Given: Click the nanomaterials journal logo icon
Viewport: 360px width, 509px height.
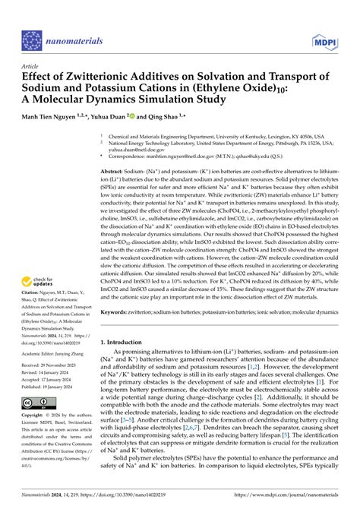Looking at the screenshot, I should [x=31, y=40].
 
